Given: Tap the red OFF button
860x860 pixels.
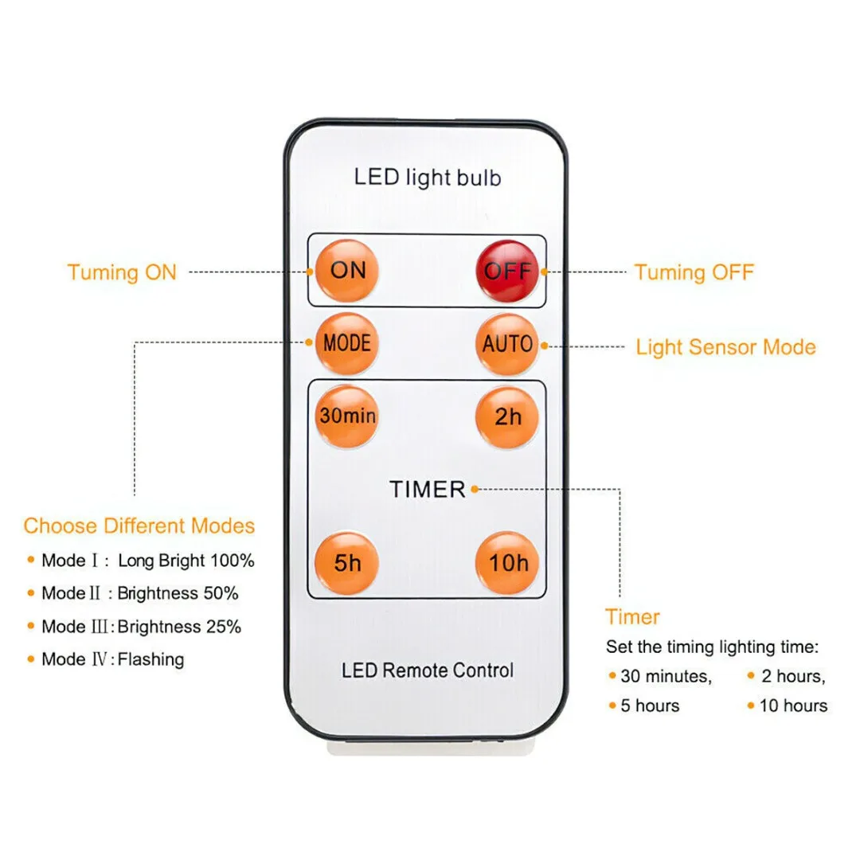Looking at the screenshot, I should tap(507, 271).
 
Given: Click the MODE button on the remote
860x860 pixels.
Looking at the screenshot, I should tap(347, 344).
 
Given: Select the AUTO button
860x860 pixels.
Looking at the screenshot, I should tap(507, 344).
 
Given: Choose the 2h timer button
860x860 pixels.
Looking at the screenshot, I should tap(507, 416).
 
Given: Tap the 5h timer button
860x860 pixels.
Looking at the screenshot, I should tap(347, 563).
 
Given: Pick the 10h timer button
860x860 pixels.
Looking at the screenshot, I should tap(508, 563).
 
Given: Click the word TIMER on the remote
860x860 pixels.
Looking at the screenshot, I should tap(428, 489).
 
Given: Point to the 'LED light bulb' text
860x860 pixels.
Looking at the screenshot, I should tap(428, 177).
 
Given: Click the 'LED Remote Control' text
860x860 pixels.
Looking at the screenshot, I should tap(428, 670).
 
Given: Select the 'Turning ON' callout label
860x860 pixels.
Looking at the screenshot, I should tap(122, 272).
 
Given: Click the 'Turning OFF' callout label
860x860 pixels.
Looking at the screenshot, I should tap(694, 272).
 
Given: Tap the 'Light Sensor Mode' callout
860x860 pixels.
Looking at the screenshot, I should tap(725, 347).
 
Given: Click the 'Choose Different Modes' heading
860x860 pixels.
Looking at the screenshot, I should tap(139, 526).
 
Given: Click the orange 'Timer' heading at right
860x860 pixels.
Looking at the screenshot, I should tap(632, 617).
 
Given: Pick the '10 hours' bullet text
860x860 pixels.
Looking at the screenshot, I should tap(793, 706).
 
